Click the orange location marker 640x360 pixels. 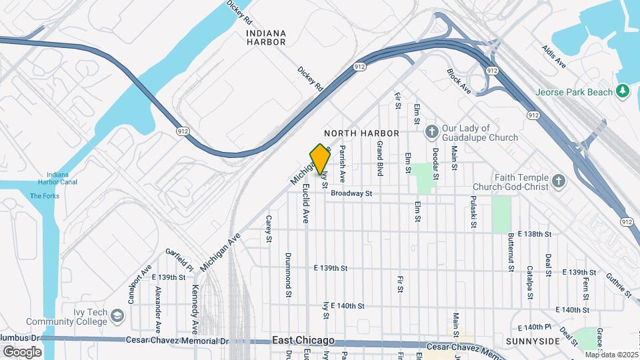coord(321,159)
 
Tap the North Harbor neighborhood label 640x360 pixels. coord(361,133)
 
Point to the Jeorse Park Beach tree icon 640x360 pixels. coord(623,91)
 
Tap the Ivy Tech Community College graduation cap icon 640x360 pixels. coord(117,315)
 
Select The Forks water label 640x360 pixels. coord(45,196)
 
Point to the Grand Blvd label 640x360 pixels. coord(379,158)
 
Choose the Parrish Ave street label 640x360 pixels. coord(342,164)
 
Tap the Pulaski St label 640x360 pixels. coord(473,212)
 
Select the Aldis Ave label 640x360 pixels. coord(554,57)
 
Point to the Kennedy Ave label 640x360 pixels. coord(195,309)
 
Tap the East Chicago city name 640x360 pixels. coord(303,341)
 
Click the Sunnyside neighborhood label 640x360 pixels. coord(533,341)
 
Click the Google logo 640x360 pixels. coord(22,351)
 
